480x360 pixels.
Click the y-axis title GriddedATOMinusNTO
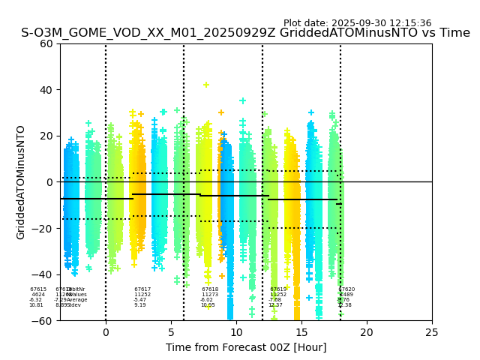click(21, 182)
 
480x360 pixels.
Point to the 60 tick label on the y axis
click(46, 43)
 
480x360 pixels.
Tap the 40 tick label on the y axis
click(46, 90)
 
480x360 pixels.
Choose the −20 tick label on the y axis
click(43, 229)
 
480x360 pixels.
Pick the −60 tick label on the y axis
click(43, 321)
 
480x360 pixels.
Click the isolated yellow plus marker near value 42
click(206, 85)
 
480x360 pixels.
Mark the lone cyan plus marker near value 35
click(242, 100)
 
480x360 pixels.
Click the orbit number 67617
click(142, 289)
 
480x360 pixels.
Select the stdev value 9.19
click(140, 305)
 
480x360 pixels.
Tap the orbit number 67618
click(210, 289)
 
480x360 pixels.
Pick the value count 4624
click(38, 295)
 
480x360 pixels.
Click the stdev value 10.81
click(36, 305)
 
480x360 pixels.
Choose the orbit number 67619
click(278, 289)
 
